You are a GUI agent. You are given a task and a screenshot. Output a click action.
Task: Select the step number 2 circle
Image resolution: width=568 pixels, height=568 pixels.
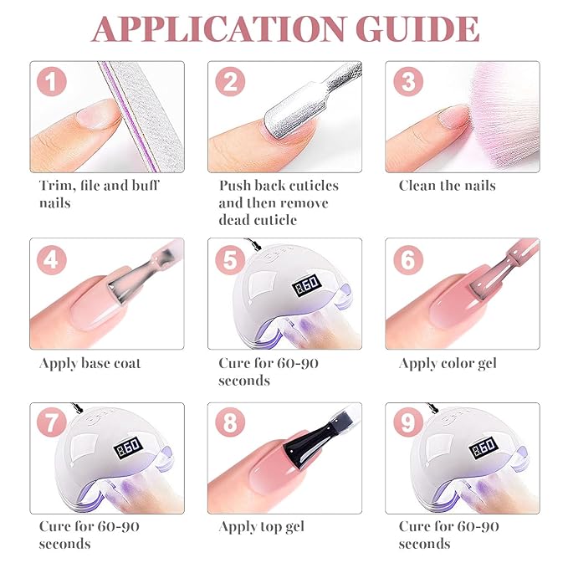[229, 82]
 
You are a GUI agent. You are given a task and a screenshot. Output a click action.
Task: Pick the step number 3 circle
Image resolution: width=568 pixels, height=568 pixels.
[409, 82]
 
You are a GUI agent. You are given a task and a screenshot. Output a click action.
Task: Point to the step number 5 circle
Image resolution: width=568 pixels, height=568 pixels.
[229, 260]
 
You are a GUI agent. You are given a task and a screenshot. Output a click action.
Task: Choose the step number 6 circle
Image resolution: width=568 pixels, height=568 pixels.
[409, 260]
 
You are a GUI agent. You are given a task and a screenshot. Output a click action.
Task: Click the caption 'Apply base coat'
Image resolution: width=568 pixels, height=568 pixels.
[90, 364]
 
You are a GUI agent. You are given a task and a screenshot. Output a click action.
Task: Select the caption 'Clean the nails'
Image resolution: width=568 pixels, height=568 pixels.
[447, 186]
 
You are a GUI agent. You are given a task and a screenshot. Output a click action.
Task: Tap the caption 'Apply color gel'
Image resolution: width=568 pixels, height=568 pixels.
[448, 364]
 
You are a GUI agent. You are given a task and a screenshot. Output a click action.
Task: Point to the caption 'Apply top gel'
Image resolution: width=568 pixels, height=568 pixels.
[261, 527]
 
